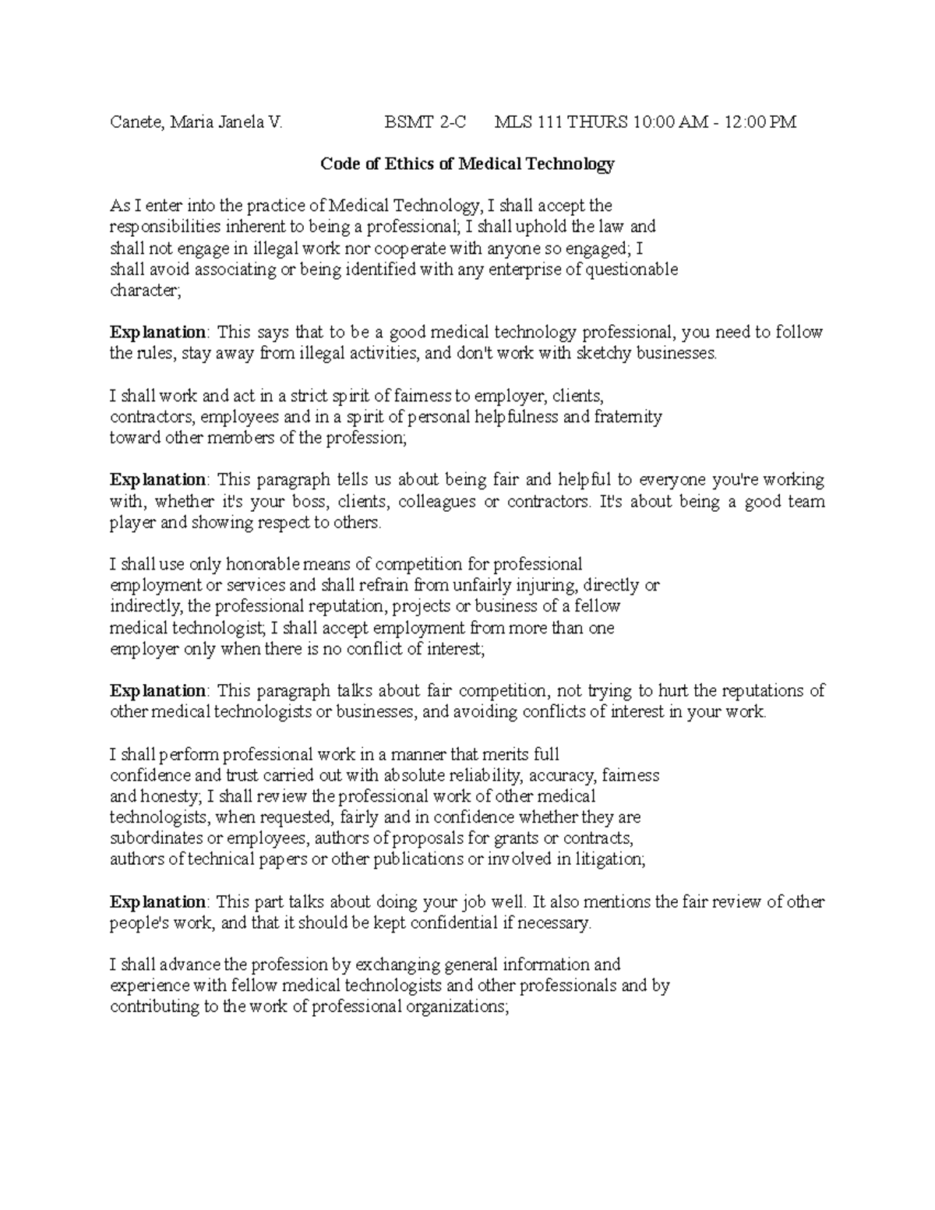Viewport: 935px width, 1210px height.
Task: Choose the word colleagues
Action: pyautogui.click(x=436, y=502)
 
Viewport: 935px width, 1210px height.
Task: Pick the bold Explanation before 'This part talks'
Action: pyautogui.click(x=157, y=902)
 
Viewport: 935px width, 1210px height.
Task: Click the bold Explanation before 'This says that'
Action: pyautogui.click(x=157, y=333)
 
